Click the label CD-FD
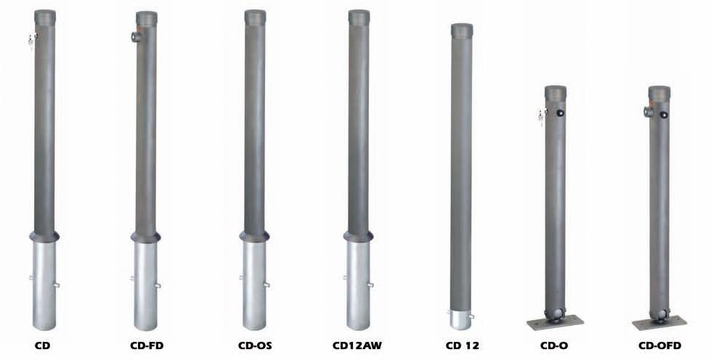point(147,346)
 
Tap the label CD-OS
point(255,346)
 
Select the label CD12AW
point(357,346)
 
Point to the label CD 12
point(462,346)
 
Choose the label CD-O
point(554,346)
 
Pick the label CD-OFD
point(659,346)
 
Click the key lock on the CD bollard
point(32,39)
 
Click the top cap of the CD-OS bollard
point(256,17)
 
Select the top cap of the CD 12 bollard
point(462,30)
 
